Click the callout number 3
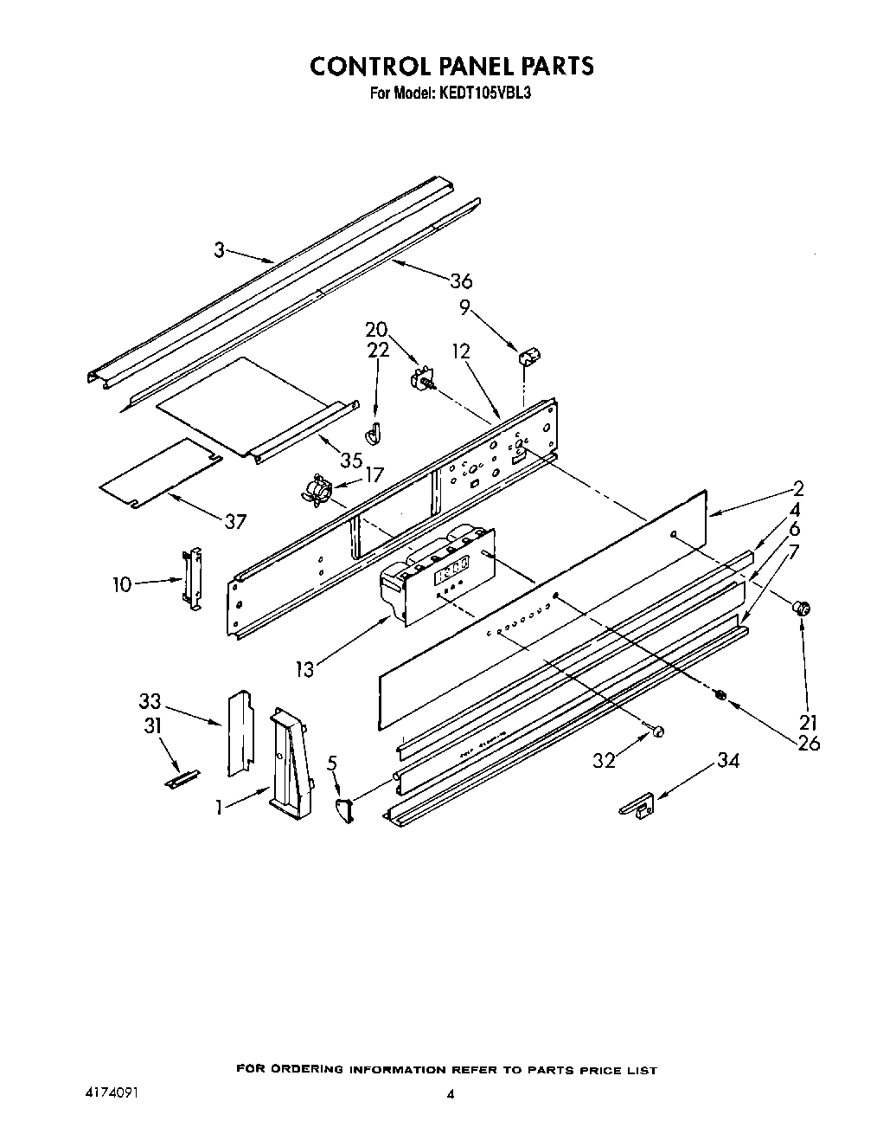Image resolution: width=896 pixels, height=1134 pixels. pyautogui.click(x=219, y=250)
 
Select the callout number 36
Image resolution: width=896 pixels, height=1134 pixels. pyautogui.click(x=461, y=280)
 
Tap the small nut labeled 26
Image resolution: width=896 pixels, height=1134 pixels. pyautogui.click(x=721, y=694)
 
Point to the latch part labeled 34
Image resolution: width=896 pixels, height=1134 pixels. pyautogui.click(x=637, y=806)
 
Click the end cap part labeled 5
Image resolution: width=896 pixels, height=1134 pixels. pyautogui.click(x=344, y=811)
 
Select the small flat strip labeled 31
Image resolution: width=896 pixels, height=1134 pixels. pyautogui.click(x=182, y=778)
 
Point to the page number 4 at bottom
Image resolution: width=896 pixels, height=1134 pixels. pyautogui.click(x=449, y=1094)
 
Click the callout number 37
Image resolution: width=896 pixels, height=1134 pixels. pyautogui.click(x=234, y=521)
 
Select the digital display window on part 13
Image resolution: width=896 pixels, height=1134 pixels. pyautogui.click(x=452, y=570)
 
